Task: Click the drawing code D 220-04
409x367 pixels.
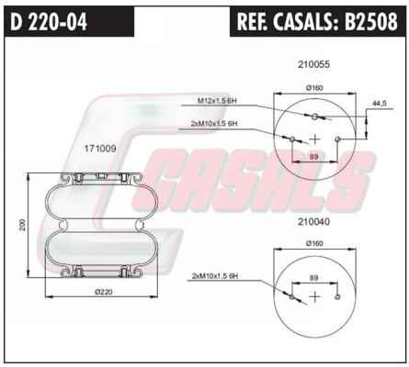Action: coord(49,22)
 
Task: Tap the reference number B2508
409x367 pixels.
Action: coord(371,22)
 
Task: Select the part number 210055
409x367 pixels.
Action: coord(313,64)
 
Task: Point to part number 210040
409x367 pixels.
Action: coord(313,222)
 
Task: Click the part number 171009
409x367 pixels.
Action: coord(100,149)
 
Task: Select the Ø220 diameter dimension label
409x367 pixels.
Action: coord(103,292)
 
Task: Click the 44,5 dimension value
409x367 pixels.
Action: coord(380,104)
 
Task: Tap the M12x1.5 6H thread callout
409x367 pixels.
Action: coord(217,101)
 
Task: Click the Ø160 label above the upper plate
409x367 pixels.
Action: coord(314,88)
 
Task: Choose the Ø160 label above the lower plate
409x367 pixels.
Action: coord(314,243)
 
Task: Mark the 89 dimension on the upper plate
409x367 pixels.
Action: coord(314,157)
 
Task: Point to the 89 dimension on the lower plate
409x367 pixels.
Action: coord(314,278)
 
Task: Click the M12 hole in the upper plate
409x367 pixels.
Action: coord(314,117)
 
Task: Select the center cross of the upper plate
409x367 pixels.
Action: coord(314,139)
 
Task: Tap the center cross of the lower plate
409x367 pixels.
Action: coord(314,296)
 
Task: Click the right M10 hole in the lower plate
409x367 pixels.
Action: coord(337,296)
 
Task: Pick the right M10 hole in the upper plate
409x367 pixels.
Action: coord(337,139)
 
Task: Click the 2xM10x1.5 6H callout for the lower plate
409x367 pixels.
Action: coord(215,276)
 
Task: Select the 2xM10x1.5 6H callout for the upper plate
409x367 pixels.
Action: coord(214,124)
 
